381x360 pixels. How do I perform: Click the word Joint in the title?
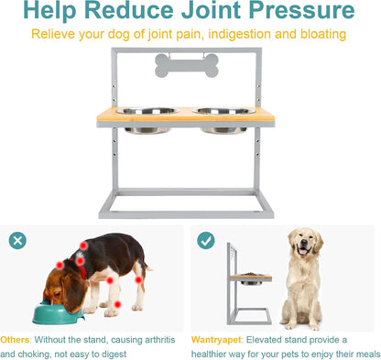click(x=211, y=11)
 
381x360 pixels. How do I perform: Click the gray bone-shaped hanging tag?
click(x=187, y=65)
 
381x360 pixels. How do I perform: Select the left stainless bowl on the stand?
click(x=147, y=120)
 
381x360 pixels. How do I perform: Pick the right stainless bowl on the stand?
click(x=224, y=120)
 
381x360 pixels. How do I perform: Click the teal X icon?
click(x=17, y=241)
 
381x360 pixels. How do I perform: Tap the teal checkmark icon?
click(x=206, y=240)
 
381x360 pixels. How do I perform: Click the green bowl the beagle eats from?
click(x=58, y=312)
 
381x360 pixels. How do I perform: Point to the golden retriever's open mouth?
click(x=304, y=251)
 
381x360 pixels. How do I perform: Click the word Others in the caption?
click(x=16, y=340)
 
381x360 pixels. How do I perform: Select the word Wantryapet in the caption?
click(x=216, y=340)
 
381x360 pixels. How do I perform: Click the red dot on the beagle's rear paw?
click(x=118, y=304)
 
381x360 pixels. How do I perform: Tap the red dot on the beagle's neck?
click(x=80, y=261)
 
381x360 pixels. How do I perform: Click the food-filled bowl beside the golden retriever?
click(x=251, y=278)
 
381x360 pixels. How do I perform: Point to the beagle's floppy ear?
click(x=73, y=291)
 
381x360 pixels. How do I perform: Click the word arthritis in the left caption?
click(x=160, y=340)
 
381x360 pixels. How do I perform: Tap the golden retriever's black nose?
click(x=304, y=243)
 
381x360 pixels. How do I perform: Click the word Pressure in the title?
click(x=301, y=11)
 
